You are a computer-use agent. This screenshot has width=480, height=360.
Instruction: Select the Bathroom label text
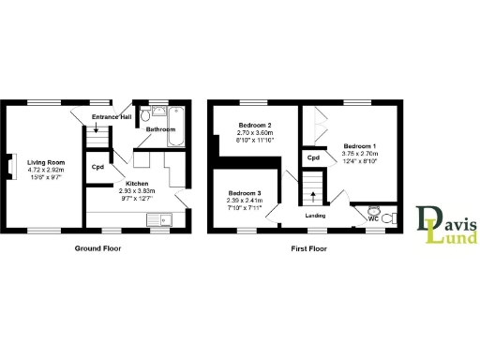coord(160,129)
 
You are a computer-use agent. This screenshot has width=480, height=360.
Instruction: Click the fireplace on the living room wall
coord(11,166)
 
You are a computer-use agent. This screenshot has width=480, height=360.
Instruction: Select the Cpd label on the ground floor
coord(97,168)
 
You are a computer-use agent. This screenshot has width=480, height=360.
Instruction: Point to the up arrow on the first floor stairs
coord(313,197)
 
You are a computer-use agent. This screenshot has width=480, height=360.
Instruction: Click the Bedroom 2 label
coord(254,126)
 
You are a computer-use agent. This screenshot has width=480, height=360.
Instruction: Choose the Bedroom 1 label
coord(360,146)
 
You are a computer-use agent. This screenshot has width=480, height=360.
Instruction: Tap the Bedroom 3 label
coord(245,192)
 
